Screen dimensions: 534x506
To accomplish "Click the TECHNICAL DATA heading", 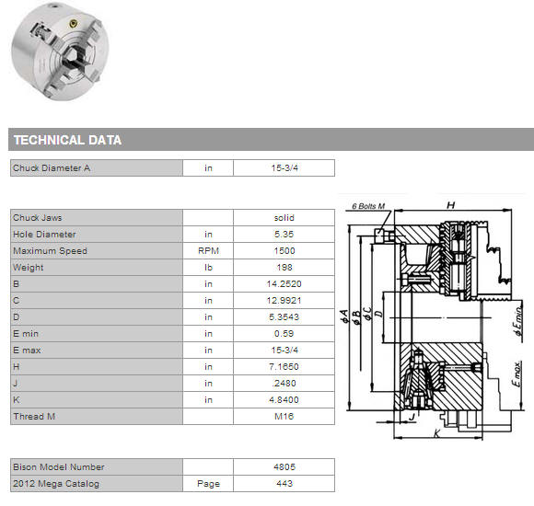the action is point(67,140).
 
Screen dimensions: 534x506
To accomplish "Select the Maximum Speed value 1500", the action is point(284,251).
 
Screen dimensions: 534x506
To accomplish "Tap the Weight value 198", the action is point(284,268).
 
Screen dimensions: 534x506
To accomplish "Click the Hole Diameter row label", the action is point(44,234).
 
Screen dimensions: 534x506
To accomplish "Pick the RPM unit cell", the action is point(208,251).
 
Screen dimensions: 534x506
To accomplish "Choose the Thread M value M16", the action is point(284,416).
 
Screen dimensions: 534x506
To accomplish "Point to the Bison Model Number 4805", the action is point(284,466).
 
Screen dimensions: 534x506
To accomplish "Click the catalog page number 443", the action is point(284,484).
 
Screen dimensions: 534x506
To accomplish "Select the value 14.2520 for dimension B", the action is point(284,283).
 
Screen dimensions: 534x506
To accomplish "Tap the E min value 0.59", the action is point(284,333).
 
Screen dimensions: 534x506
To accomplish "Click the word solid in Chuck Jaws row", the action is point(284,218).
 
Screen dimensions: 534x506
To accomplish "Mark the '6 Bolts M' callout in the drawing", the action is point(368,206).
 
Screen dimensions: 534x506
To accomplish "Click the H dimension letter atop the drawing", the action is point(450,205).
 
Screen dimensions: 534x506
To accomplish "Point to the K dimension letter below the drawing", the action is point(437,432).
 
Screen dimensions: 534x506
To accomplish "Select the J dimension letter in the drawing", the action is point(412,417).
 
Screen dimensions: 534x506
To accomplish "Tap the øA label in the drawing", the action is point(344,316).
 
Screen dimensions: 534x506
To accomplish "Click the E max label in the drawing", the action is point(517,374).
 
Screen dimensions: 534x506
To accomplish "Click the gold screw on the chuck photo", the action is point(73,24).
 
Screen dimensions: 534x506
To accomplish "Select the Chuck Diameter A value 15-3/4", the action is point(284,167).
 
